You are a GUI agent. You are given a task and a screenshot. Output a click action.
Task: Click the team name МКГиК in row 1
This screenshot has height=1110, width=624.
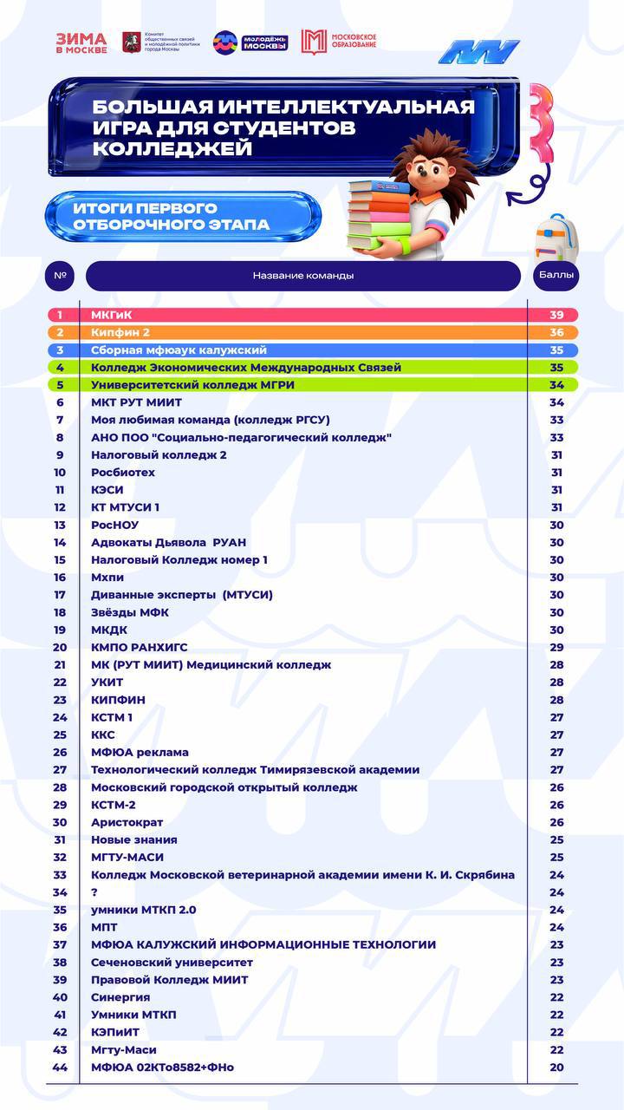point(112,315)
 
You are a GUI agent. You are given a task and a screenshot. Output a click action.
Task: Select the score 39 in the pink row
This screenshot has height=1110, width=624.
point(556,315)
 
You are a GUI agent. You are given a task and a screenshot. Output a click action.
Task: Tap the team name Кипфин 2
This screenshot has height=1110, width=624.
point(120,332)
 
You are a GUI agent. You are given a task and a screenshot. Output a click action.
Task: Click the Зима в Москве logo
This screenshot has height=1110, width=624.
point(81,42)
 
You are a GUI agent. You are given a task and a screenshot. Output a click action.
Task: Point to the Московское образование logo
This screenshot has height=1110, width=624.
point(339,42)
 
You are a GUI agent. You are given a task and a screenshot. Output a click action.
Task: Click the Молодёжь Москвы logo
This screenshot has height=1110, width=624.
point(250,42)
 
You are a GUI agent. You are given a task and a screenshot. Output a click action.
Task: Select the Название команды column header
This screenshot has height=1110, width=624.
point(303,276)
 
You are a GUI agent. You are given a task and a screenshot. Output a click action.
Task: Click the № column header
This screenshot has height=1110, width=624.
point(60,276)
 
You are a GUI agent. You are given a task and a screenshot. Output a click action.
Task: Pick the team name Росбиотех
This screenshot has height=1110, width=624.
point(123,473)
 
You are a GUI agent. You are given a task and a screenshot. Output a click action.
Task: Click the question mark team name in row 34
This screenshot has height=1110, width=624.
point(94,892)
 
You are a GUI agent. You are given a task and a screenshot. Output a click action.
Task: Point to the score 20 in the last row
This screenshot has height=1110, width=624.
point(556,1067)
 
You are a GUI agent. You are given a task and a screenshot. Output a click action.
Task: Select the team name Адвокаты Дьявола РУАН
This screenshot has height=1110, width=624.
point(168,542)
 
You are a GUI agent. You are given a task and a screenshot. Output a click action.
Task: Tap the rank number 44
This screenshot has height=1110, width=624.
point(60,1067)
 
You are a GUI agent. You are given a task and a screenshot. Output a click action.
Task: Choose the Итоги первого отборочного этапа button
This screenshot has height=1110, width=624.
point(183,217)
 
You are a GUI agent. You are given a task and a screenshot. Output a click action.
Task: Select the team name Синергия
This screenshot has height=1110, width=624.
point(120,997)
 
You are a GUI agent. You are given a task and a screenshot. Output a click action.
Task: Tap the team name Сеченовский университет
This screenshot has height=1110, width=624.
point(172,963)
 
